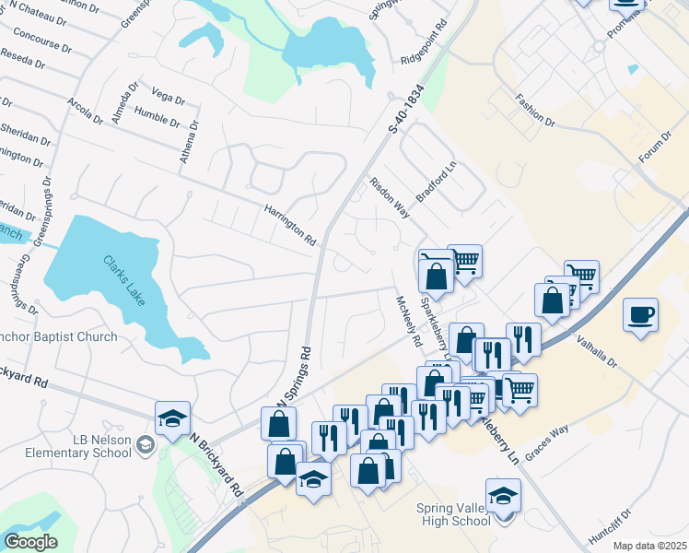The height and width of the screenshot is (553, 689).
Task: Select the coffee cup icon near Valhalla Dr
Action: [640, 316]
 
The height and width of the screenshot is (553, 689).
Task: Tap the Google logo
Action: [30, 541]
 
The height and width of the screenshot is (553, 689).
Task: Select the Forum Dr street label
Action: [654, 147]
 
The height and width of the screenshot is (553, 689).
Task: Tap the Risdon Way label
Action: [389, 196]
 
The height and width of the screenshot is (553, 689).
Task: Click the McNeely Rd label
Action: [407, 320]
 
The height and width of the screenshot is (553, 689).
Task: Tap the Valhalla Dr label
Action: [599, 351]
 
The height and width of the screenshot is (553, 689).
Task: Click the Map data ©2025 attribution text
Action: [649, 546]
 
